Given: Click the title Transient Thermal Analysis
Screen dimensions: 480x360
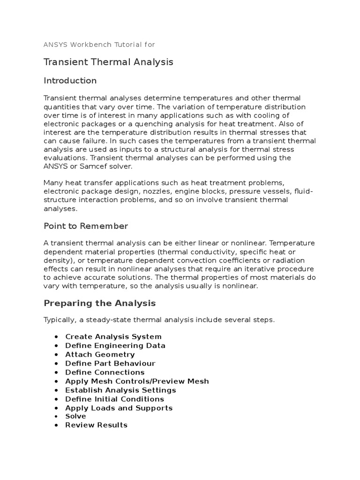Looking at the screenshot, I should click(108, 62).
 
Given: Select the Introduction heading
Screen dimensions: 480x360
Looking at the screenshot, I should click(70, 81).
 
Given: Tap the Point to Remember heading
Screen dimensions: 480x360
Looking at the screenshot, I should click(85, 226).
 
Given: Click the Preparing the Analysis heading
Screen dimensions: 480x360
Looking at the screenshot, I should click(99, 303).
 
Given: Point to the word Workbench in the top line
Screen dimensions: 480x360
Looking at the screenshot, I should click(90, 45).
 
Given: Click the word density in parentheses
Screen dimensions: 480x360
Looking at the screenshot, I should click(57, 260).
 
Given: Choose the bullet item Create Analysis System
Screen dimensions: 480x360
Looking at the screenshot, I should click(113, 337).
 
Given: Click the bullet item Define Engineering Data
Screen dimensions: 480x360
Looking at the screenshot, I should click(115, 345).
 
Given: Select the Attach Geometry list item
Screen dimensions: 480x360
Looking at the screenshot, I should click(100, 354).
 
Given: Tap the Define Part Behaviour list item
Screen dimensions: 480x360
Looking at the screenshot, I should click(110, 363).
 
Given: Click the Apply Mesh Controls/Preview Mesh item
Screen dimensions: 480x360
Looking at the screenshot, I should click(137, 381).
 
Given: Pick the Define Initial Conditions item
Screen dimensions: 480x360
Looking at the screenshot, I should click(114, 399).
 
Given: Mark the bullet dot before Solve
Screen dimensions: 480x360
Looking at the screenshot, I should click(56, 417).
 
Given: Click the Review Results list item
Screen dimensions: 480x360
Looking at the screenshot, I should click(96, 425).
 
